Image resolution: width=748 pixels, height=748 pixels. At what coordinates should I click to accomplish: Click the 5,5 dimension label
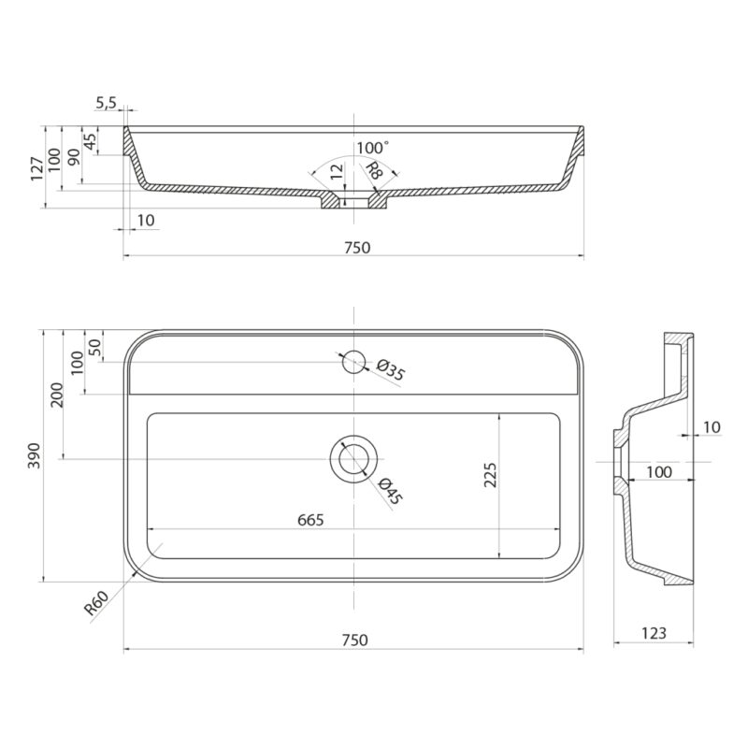point(106,103)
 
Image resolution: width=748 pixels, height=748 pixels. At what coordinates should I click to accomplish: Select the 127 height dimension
point(37,169)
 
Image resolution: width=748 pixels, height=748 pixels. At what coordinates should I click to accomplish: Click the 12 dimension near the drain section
point(337,172)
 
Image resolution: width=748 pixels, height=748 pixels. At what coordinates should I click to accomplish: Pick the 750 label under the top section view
point(357,248)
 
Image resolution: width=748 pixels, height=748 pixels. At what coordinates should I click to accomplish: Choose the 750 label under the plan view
point(355,640)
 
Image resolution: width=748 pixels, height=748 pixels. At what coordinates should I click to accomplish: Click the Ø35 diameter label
point(391,370)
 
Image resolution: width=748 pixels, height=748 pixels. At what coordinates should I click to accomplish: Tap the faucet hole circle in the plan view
point(353,362)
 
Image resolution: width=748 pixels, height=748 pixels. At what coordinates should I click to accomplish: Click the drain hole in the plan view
point(353,459)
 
